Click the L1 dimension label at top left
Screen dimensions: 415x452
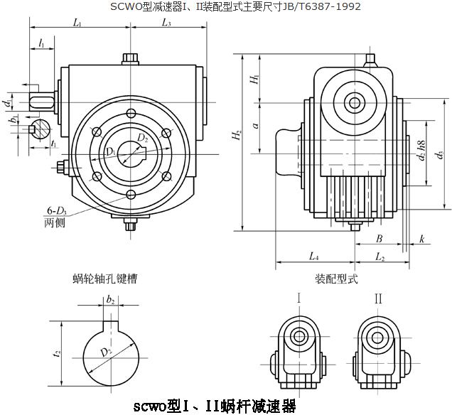76,23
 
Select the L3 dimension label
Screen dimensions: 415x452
166,23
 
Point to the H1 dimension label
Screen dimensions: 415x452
255,80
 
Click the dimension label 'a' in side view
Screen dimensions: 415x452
255,124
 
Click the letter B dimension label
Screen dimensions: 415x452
379,238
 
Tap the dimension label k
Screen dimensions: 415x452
421,238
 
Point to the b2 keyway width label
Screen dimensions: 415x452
110,301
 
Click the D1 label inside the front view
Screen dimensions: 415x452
111,151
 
